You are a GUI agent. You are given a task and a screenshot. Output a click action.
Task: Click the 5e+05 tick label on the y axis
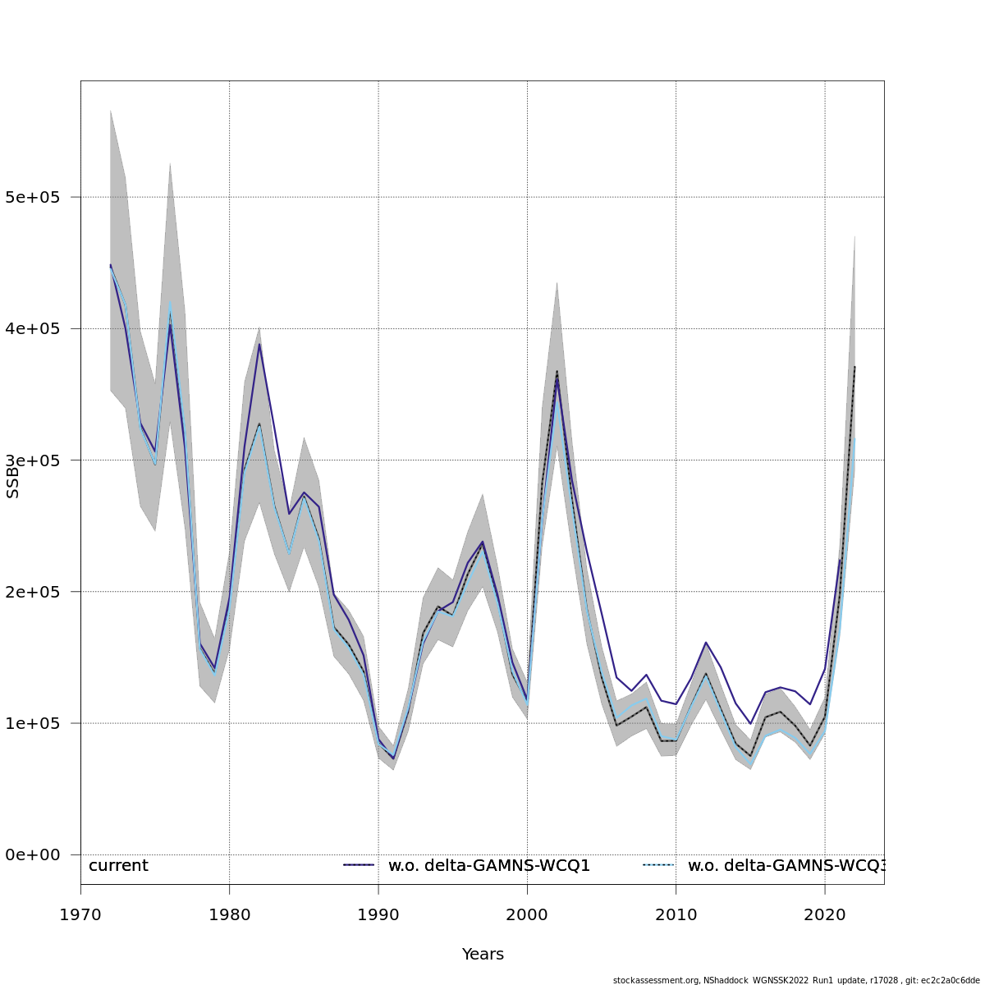pyautogui.click(x=38, y=198)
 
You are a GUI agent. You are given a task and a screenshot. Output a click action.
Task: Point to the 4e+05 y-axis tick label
pyautogui.click(x=38, y=329)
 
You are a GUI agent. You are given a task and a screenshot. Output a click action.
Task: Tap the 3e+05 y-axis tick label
pyautogui.click(x=38, y=460)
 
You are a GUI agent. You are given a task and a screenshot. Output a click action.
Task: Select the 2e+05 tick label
pyautogui.click(x=38, y=592)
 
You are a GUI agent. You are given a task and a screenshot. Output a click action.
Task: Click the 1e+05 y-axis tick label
pyautogui.click(x=38, y=723)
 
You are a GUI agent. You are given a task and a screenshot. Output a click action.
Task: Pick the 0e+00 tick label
pyautogui.click(x=38, y=854)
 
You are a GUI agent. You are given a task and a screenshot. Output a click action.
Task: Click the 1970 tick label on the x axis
pyautogui.click(x=80, y=914)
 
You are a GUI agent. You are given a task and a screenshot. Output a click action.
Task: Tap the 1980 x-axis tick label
pyautogui.click(x=229, y=914)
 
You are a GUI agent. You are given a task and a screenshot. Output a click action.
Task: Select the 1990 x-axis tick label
pyautogui.click(x=378, y=914)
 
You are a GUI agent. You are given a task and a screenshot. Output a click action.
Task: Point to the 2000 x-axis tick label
pyautogui.click(x=527, y=914)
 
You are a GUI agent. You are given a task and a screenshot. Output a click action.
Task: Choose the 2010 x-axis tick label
pyautogui.click(x=676, y=914)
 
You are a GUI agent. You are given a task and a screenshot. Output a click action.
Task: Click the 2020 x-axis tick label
pyautogui.click(x=825, y=914)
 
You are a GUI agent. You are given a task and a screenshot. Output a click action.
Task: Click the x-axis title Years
pyautogui.click(x=483, y=955)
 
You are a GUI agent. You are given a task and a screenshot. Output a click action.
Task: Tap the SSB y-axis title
pyautogui.click(x=12, y=484)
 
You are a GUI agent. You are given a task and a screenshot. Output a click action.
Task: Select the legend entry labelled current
pyautogui.click(x=118, y=866)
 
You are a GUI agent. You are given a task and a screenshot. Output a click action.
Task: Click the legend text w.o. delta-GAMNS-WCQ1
pyautogui.click(x=489, y=866)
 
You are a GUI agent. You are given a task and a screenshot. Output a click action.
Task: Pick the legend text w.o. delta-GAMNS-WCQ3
pyautogui.click(x=786, y=866)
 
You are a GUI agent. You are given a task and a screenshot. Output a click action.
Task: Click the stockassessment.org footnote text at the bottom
pyautogui.click(x=795, y=980)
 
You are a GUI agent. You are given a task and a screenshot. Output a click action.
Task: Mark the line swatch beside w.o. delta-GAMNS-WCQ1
pyautogui.click(x=359, y=865)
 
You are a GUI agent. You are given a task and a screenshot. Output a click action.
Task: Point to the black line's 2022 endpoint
pyautogui.click(x=854, y=367)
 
